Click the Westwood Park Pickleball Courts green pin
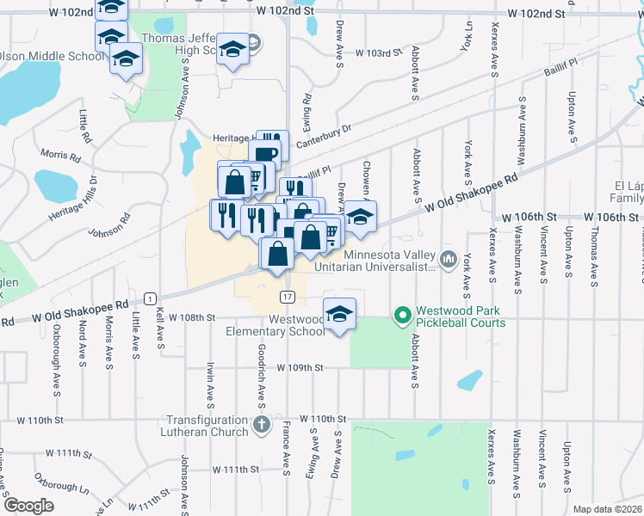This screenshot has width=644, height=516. (401, 316)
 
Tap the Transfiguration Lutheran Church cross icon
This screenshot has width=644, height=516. (262, 424)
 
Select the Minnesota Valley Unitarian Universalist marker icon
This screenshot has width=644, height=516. (447, 259)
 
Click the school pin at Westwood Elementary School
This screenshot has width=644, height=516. (339, 314)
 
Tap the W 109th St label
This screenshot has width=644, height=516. (300, 367)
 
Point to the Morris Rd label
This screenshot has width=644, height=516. (59, 156)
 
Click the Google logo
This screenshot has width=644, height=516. (28, 506)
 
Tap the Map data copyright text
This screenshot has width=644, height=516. (608, 509)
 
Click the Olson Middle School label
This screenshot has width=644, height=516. (53, 57)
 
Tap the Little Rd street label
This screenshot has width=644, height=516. (84, 126)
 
